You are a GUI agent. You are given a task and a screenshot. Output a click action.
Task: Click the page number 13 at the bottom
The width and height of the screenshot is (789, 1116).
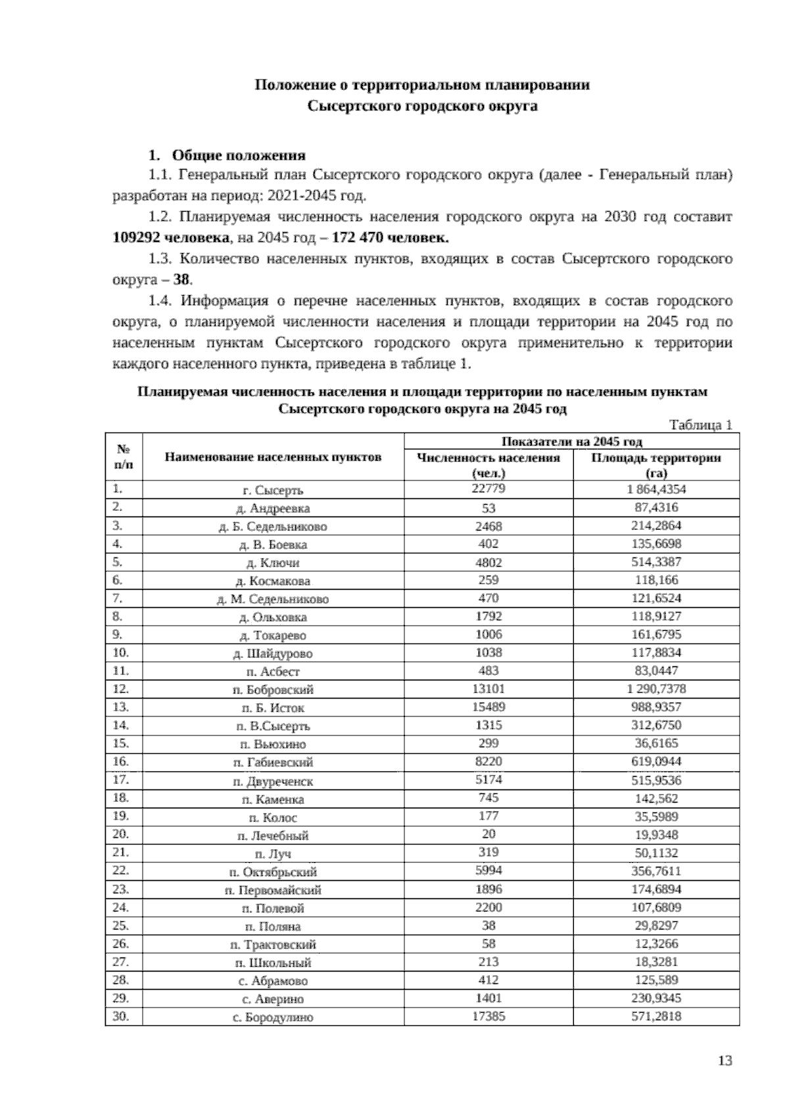(725, 1061)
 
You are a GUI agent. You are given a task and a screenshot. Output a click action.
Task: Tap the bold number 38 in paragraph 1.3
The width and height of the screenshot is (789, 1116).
(181, 280)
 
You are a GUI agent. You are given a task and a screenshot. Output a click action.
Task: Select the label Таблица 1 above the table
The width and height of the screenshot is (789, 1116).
(700, 425)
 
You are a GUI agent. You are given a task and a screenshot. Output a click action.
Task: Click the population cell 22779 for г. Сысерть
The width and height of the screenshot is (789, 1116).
(488, 489)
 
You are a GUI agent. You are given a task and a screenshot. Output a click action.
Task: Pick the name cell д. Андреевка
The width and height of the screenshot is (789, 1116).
(273, 508)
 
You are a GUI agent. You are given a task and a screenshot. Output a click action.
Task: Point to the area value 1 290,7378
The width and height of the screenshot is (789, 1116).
(656, 689)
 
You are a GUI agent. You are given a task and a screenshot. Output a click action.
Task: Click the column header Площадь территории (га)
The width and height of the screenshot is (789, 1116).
(656, 465)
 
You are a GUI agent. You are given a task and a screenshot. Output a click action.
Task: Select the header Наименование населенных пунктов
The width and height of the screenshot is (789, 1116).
(273, 457)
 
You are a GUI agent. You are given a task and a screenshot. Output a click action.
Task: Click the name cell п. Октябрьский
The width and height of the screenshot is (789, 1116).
(273, 872)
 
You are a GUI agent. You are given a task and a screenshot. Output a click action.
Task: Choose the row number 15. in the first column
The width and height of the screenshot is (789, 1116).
(121, 743)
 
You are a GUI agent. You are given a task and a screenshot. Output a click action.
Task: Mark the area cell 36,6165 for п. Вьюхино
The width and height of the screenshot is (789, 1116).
(656, 743)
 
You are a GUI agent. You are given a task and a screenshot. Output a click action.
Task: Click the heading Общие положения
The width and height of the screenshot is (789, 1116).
(238, 156)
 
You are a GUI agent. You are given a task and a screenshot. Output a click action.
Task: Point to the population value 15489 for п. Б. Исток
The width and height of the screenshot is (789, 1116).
(488, 707)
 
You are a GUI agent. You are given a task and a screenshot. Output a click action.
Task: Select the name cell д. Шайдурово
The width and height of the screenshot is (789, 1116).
(273, 653)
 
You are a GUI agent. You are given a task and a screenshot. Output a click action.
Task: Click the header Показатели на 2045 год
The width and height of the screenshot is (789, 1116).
(571, 441)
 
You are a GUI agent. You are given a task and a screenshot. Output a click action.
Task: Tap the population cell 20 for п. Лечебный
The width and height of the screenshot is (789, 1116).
(488, 834)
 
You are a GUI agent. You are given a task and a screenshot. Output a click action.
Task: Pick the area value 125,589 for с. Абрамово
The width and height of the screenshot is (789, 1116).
(656, 980)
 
